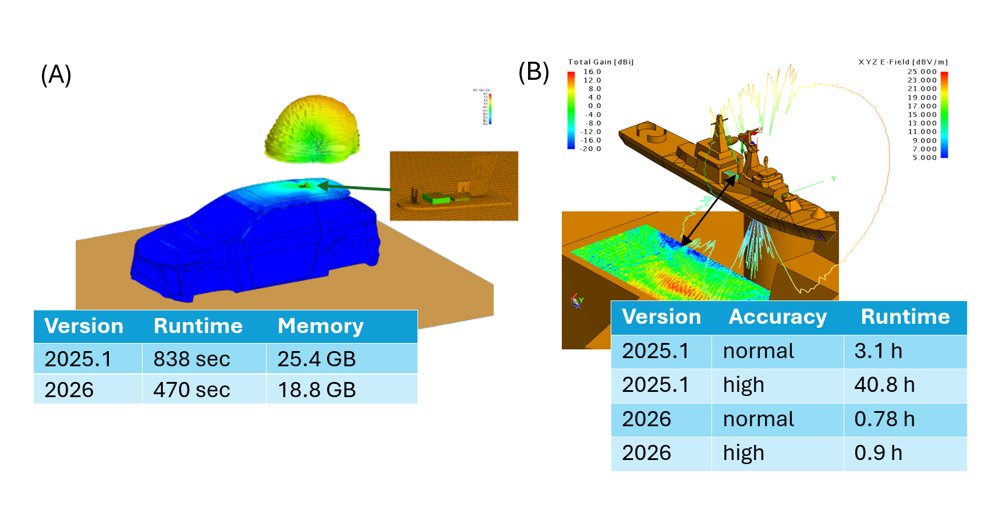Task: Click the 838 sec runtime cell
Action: tap(192, 359)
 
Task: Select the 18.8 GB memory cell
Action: tap(317, 390)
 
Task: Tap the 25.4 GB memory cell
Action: tap(317, 359)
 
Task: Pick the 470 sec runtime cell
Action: tap(192, 390)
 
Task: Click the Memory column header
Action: tap(321, 326)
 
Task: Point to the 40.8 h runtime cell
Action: tap(884, 385)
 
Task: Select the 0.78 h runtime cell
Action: tap(884, 419)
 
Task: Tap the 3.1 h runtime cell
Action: tap(878, 351)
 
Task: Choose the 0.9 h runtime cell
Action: tap(878, 453)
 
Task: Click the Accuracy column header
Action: tap(778, 317)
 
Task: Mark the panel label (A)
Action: tap(56, 75)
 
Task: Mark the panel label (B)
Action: tap(534, 72)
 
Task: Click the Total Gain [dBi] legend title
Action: tap(601, 62)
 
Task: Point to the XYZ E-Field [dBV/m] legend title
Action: tap(903, 62)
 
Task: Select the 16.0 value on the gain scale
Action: tap(593, 72)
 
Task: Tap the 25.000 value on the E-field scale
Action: tap(922, 72)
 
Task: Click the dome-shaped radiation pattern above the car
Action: tap(313, 129)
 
